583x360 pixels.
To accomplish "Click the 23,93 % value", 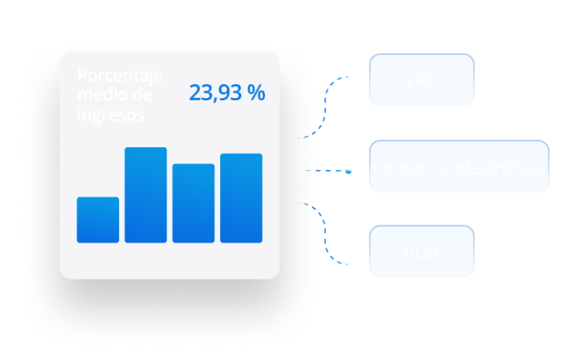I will click(227, 93).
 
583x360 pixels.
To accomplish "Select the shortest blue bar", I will click(98, 219).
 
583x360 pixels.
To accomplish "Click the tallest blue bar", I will click(146, 195).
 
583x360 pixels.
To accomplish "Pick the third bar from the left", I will click(194, 203).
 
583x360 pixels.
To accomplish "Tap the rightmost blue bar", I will click(241, 198).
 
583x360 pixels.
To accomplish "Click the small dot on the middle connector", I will click(348, 171).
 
